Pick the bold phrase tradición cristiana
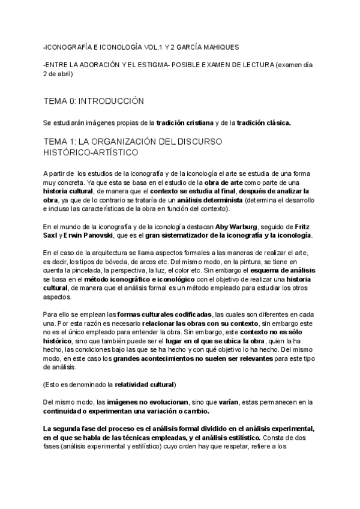point(185,122)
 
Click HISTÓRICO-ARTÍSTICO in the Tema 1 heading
point(91,152)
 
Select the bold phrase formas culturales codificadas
point(164,314)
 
